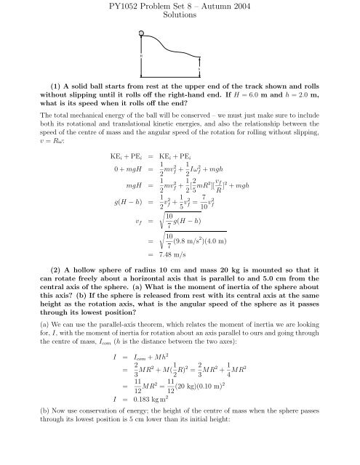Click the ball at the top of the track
tap(142, 33)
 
